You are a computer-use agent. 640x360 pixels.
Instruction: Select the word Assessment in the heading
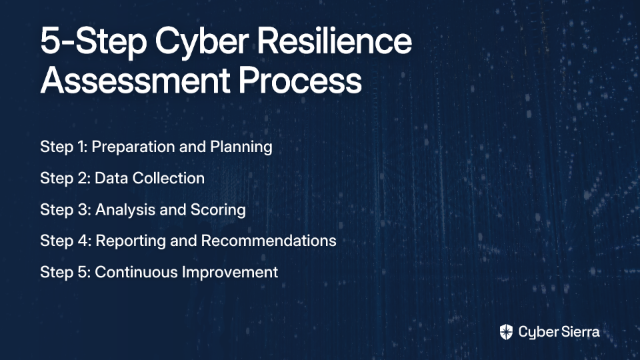point(135,80)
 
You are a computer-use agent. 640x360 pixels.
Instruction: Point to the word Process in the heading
point(300,80)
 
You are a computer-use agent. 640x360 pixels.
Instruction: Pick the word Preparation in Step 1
point(133,147)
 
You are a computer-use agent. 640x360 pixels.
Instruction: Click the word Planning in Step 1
point(241,147)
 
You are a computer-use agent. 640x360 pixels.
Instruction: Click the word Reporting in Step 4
point(131,241)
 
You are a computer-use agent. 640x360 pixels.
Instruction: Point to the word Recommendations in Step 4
point(269,241)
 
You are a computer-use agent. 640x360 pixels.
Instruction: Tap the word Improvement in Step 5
point(230,273)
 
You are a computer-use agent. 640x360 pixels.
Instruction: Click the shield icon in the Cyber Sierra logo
point(506,332)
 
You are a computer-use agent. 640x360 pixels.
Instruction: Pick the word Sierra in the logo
point(579,331)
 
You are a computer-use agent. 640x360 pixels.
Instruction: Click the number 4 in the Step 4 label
point(83,241)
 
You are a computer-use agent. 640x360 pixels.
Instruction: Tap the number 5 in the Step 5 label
point(83,272)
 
